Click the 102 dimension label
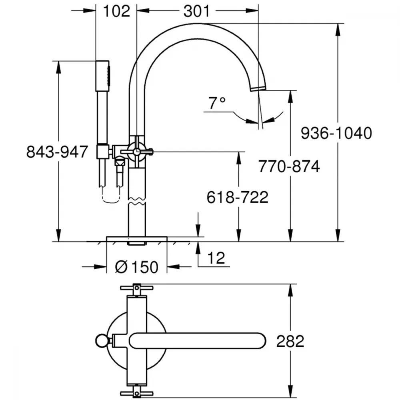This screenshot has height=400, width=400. [116, 12]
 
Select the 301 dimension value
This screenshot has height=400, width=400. [197, 12]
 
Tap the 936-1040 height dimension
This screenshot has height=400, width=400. [336, 133]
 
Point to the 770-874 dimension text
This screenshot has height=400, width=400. [289, 166]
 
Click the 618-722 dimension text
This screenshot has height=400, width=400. [238, 197]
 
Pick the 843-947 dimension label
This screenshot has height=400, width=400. [57, 152]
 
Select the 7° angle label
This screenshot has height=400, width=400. [217, 103]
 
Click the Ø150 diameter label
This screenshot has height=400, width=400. [137, 267]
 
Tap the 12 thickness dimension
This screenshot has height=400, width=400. [216, 258]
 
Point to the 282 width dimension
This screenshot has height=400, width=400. [290, 341]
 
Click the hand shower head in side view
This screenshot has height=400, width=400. [103, 76]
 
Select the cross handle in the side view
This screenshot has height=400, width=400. [137, 152]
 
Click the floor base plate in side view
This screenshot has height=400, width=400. [137, 239]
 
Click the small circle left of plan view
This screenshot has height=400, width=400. [102, 341]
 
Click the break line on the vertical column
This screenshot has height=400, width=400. [137, 201]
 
